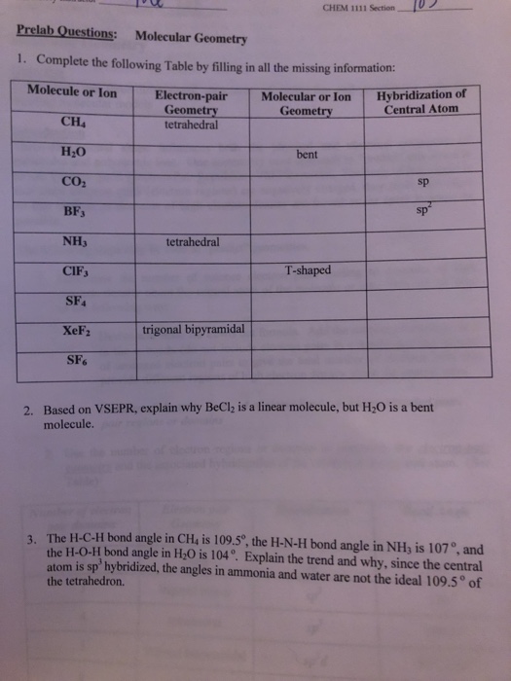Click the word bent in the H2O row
[x=307, y=154]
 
